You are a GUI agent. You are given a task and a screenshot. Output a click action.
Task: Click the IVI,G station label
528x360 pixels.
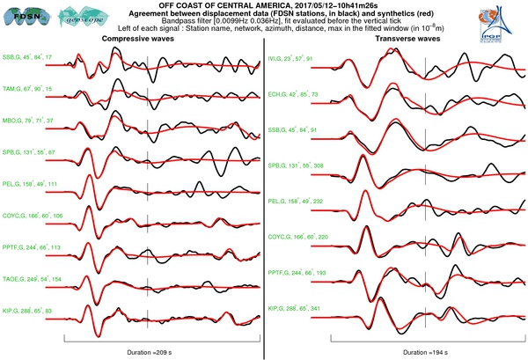292,58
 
